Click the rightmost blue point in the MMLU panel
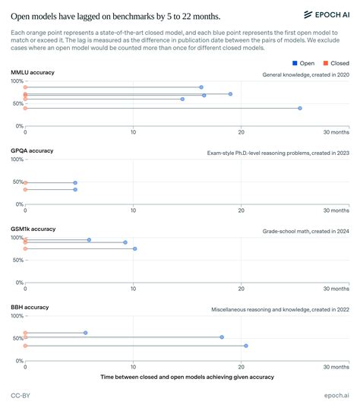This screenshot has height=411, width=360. [300, 109]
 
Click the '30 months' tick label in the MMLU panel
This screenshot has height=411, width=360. [336, 132]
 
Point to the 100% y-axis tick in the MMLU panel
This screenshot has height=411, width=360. [16, 81]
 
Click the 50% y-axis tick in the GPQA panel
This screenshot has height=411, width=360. [17, 182]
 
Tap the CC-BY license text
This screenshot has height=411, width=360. [21, 396]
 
